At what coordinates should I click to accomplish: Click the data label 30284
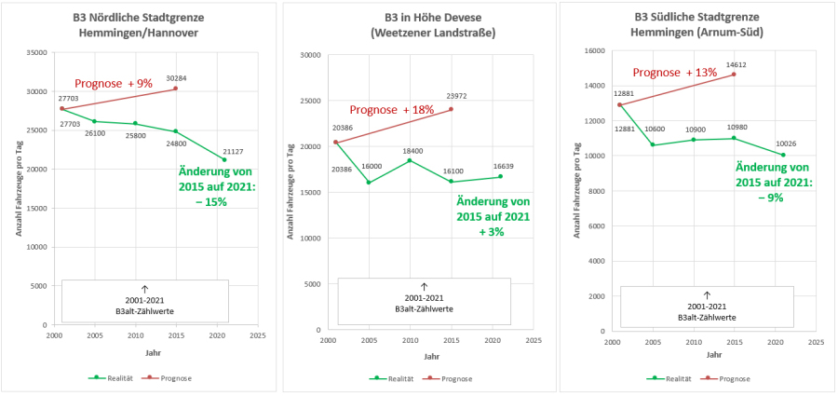click(177, 78)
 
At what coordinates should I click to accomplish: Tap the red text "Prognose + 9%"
click(113, 83)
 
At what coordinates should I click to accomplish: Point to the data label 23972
click(456, 96)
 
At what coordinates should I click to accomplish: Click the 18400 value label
click(411, 150)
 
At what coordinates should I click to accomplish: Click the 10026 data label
click(785, 143)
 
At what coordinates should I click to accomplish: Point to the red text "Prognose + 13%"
click(675, 73)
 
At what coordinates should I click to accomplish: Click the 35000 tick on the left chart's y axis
click(37, 53)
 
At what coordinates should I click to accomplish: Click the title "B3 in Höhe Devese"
click(418, 18)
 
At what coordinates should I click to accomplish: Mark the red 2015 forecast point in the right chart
click(734, 75)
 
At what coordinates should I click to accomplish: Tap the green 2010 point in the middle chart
click(410, 160)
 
